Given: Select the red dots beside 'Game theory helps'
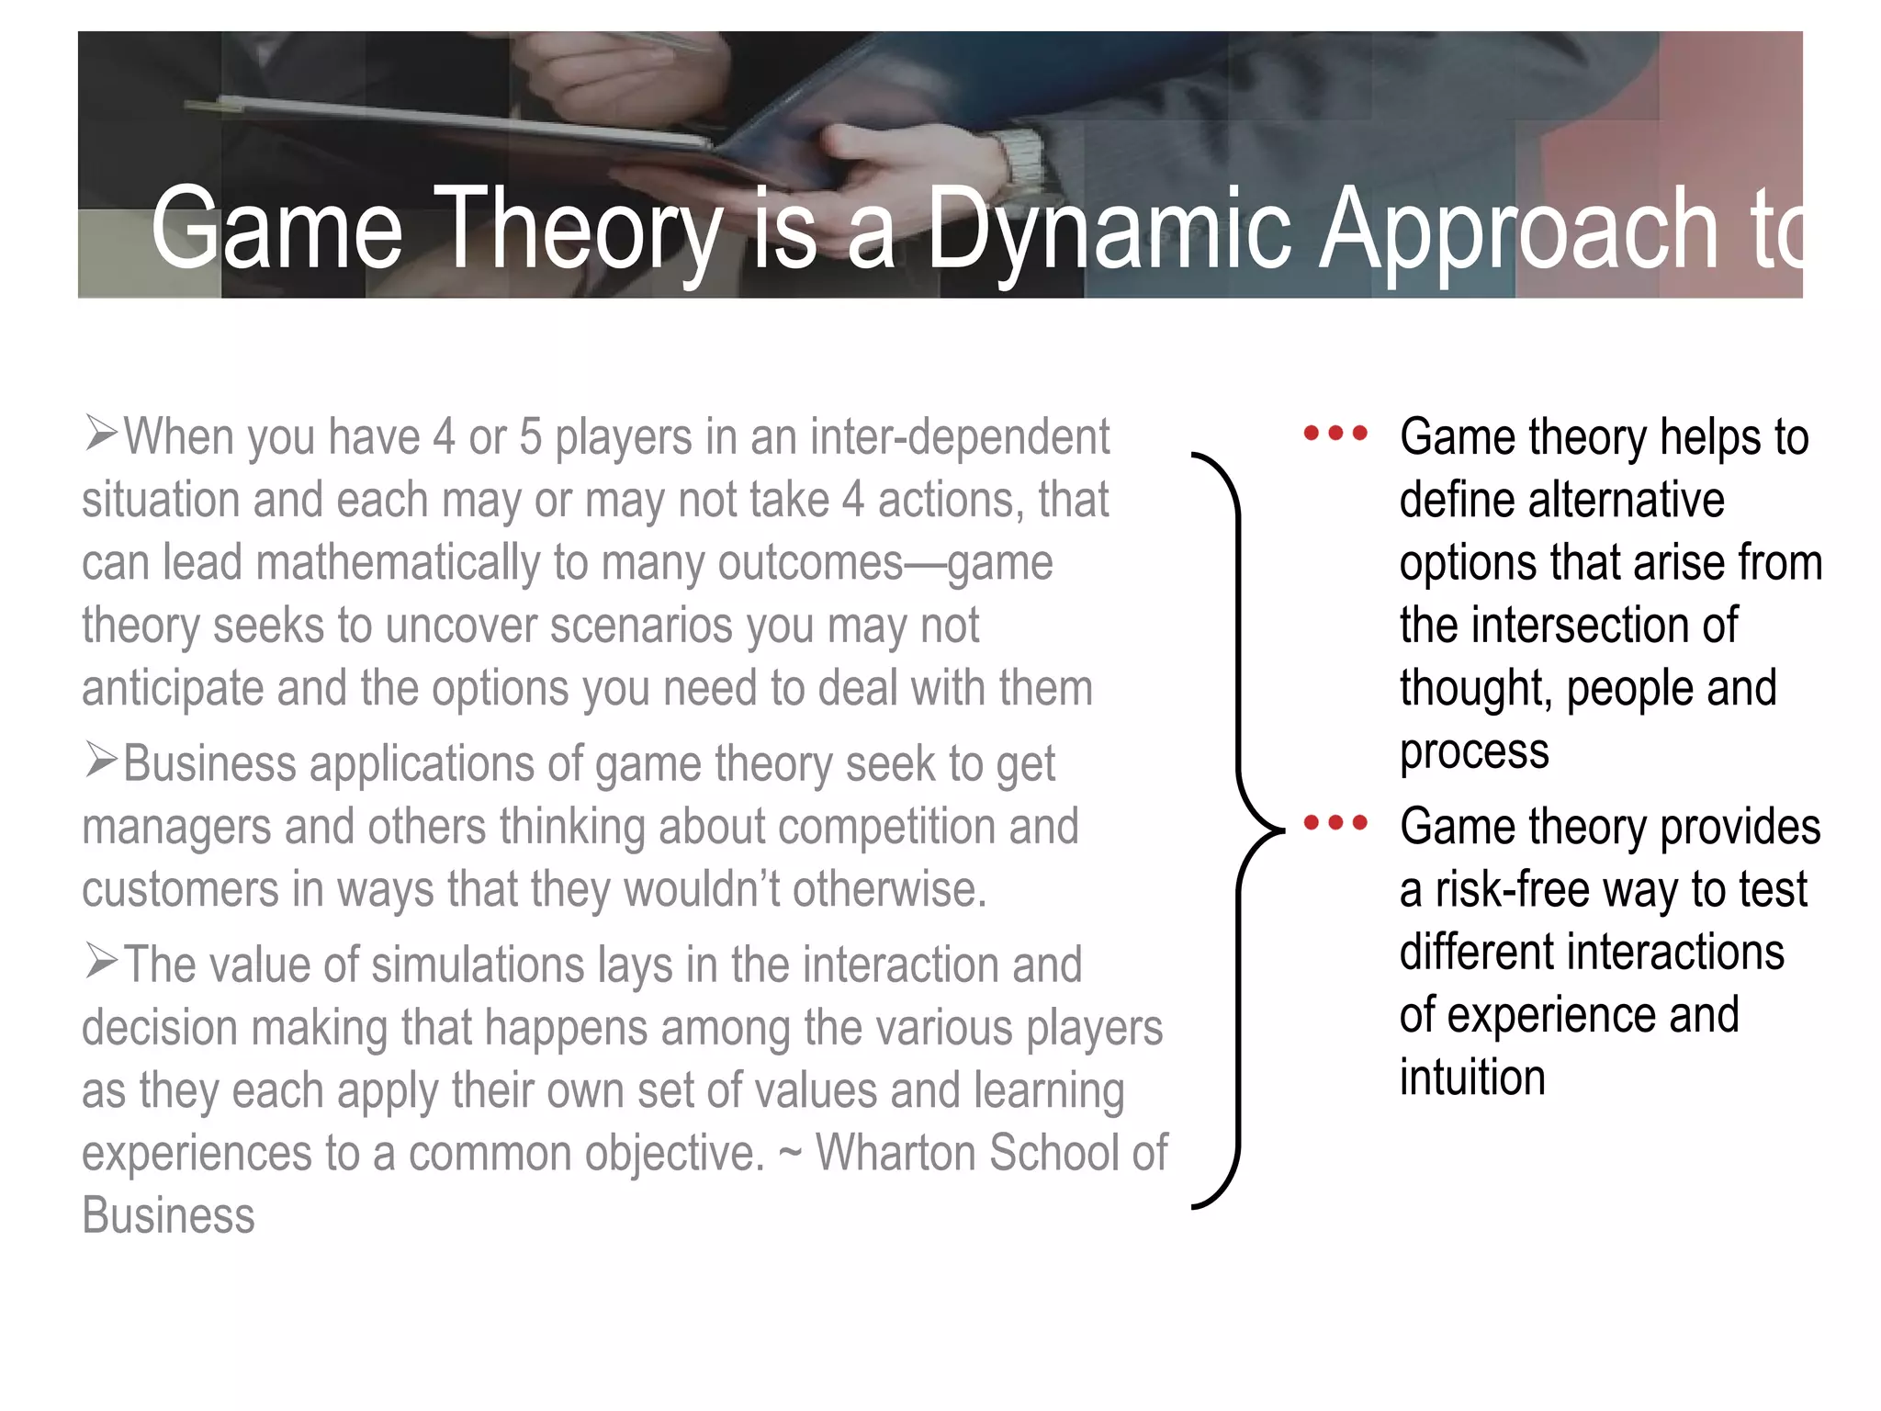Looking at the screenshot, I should click(x=1335, y=432).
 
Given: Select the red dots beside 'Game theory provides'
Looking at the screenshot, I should click(x=1335, y=821).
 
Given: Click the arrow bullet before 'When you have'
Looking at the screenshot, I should click(x=101, y=433).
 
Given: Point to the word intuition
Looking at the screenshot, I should click(x=1472, y=1077).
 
